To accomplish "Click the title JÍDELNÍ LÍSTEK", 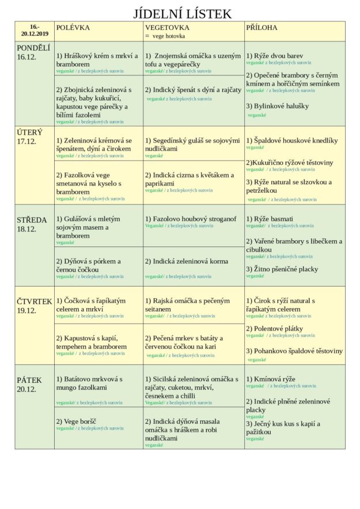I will (182, 14).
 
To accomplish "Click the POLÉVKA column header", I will (73, 28).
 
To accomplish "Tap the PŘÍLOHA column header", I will (262, 28).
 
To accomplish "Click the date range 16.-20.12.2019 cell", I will (35, 31).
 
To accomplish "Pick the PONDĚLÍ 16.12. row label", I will (33, 52).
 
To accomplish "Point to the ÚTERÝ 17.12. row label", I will (30, 136).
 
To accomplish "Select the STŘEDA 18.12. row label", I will (32, 224).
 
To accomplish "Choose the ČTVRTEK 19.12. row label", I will (34, 306).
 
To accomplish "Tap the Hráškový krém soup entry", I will (97, 60).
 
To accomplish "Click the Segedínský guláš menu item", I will (192, 145).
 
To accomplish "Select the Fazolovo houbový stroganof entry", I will (191, 219).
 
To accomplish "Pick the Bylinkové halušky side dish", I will (278, 106).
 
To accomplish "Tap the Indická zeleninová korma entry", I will (187, 261).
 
